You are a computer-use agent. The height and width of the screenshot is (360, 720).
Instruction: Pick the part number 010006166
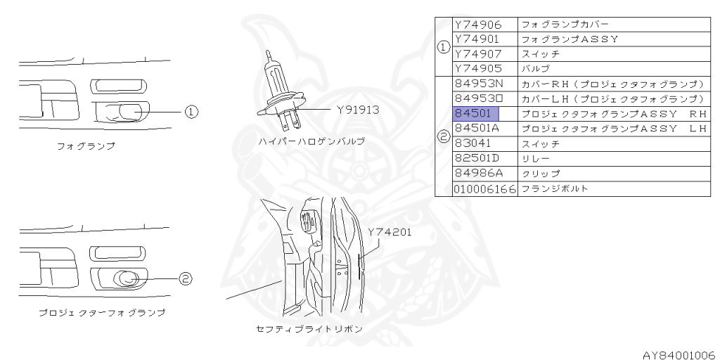[484, 188]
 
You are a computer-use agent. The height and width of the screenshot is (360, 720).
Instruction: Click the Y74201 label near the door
[388, 231]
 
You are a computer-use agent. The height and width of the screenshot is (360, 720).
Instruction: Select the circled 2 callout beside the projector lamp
[185, 279]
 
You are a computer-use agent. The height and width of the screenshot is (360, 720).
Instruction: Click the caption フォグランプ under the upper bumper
[86, 147]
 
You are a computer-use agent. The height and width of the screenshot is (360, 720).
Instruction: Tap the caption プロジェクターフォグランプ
[103, 312]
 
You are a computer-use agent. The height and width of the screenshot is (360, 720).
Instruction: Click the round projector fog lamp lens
[127, 278]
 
